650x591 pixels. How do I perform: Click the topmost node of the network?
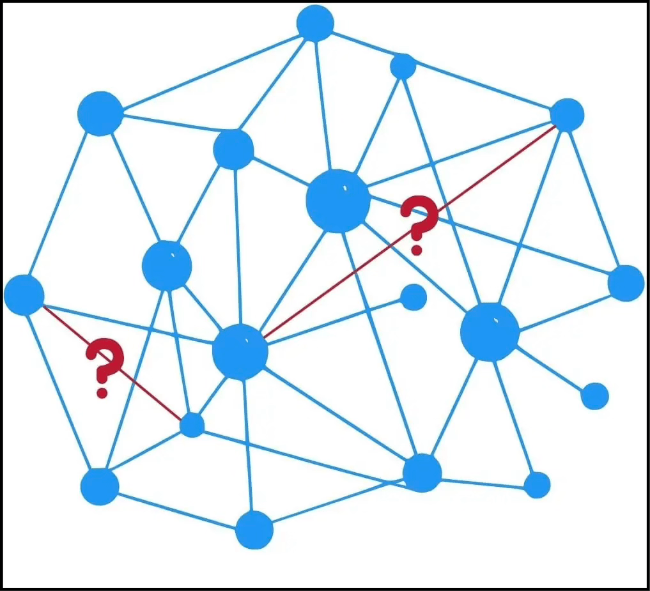click(315, 23)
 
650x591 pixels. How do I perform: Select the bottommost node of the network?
click(254, 530)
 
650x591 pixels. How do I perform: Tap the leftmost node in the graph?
click(24, 295)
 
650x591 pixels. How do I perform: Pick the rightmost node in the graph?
click(626, 283)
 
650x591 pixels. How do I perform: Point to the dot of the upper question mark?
click(417, 249)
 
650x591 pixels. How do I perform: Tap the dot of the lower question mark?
click(102, 392)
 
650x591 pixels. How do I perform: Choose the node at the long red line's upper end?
click(566, 115)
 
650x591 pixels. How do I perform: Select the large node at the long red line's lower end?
click(240, 351)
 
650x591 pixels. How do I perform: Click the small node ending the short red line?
click(192, 425)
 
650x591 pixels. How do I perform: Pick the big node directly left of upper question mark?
click(338, 201)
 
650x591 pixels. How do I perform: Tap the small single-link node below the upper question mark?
click(414, 297)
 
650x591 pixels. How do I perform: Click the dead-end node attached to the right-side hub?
click(594, 396)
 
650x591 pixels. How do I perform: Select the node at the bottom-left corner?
click(100, 486)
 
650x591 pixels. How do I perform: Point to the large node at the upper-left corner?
click(100, 114)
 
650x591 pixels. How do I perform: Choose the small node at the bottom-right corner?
click(537, 485)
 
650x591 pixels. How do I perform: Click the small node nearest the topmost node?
click(403, 66)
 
